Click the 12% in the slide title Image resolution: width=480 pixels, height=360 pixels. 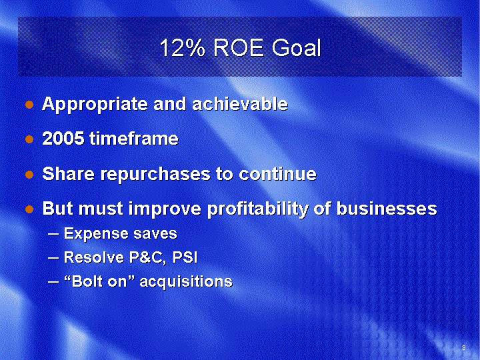pyautogui.click(x=183, y=47)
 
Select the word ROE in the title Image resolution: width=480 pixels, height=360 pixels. pyautogui.click(x=238, y=47)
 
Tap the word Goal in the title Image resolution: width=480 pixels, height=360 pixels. pyautogui.click(x=296, y=47)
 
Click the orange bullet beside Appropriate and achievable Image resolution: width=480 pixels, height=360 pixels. pyautogui.click(x=29, y=105)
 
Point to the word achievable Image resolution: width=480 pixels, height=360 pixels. pyautogui.click(x=240, y=104)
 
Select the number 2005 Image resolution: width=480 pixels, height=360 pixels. pyautogui.click(x=63, y=139)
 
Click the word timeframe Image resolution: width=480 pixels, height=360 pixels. pyautogui.click(x=134, y=139)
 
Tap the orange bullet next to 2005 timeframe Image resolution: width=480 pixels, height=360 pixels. pyautogui.click(x=29, y=139)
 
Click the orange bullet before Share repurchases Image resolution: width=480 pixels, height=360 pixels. pyautogui.click(x=29, y=175)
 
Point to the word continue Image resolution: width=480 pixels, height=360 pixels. pyautogui.click(x=277, y=173)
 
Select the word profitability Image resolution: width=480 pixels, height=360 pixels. pyautogui.click(x=257, y=209)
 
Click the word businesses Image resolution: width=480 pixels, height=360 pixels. pyautogui.click(x=387, y=208)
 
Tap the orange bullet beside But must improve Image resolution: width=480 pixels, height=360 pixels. pyautogui.click(x=29, y=209)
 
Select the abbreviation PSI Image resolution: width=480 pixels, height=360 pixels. pyautogui.click(x=185, y=257)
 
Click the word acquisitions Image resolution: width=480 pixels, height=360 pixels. pyautogui.click(x=186, y=281)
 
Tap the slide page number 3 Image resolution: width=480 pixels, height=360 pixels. pyautogui.click(x=463, y=348)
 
